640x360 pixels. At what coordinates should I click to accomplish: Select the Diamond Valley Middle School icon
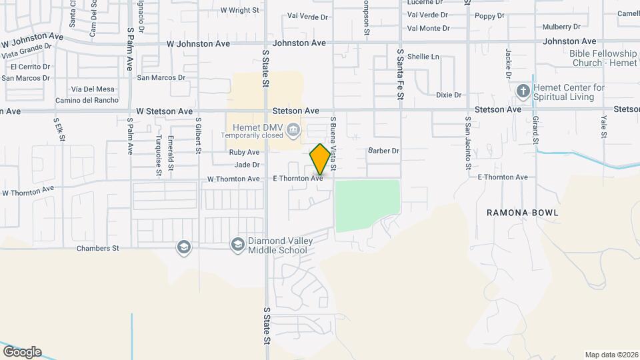point(237,246)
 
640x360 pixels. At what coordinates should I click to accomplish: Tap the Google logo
point(22,351)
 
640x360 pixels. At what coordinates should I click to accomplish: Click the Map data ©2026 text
point(611,355)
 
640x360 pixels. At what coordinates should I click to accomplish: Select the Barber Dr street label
point(383,151)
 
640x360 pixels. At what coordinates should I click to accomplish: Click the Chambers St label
point(97,249)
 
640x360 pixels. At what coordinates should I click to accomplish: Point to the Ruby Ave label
point(244,153)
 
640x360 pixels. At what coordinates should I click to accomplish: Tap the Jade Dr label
point(247,165)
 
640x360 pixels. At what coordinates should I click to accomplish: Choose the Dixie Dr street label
point(449,95)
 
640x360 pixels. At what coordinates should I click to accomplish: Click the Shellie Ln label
point(423,57)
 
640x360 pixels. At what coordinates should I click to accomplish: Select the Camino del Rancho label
point(87,101)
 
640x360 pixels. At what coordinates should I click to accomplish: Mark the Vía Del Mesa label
point(93,89)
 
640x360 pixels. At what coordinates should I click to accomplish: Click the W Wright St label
point(239,10)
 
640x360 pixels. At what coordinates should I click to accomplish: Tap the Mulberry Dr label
point(561,27)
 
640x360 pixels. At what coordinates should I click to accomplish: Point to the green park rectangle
point(367,205)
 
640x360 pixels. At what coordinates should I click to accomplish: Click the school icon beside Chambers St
point(183,248)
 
